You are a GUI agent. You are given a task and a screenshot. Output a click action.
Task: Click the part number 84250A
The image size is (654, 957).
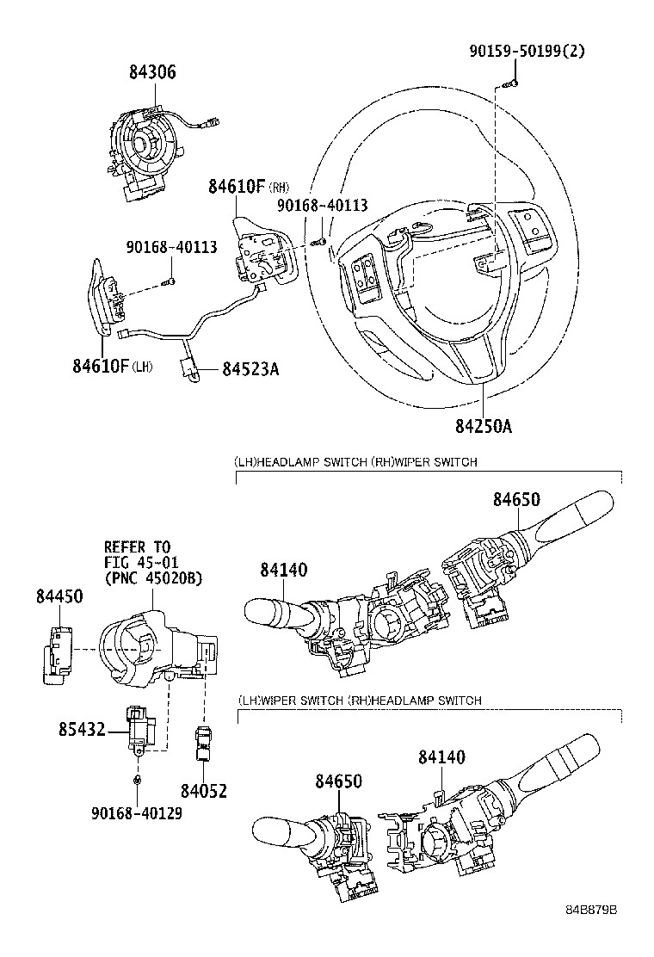tap(483, 426)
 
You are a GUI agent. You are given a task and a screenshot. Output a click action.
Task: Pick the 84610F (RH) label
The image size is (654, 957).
tap(248, 186)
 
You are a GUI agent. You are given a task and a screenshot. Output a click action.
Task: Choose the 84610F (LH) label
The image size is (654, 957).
tap(113, 367)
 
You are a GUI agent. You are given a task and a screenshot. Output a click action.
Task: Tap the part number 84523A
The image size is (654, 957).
tap(250, 368)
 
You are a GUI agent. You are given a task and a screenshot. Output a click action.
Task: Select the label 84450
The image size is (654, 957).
tap(59, 596)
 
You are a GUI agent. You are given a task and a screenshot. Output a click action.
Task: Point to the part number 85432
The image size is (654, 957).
tap(83, 730)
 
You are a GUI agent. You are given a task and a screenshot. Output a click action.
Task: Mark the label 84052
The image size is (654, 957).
tap(204, 789)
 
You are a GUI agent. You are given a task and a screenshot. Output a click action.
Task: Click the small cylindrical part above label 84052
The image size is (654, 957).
tap(203, 743)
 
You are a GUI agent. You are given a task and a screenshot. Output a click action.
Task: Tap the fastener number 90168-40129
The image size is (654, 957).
tap(138, 812)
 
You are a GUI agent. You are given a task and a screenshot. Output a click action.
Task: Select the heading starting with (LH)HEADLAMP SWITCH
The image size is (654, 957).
tap(355, 462)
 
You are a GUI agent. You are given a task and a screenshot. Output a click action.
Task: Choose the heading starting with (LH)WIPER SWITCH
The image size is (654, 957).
tap(359, 701)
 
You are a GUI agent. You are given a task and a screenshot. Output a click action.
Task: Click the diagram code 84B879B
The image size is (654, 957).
tap(593, 935)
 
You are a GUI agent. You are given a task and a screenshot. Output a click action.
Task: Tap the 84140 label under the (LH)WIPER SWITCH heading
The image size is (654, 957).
tap(441, 757)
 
